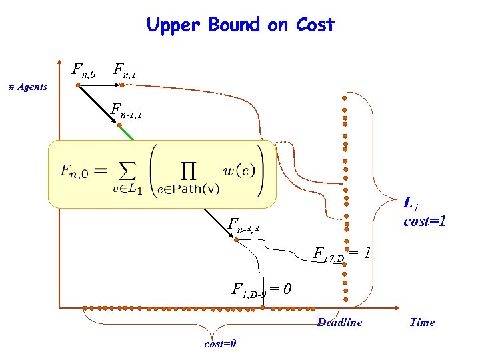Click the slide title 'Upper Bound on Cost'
[240, 25]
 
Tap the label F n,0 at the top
[84, 69]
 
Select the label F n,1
[125, 69]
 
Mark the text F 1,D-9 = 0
[260, 290]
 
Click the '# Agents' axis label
[28, 87]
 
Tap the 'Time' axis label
[422, 322]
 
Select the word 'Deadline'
[339, 322]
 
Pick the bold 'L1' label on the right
[411, 203]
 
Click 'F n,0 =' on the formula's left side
[81, 171]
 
